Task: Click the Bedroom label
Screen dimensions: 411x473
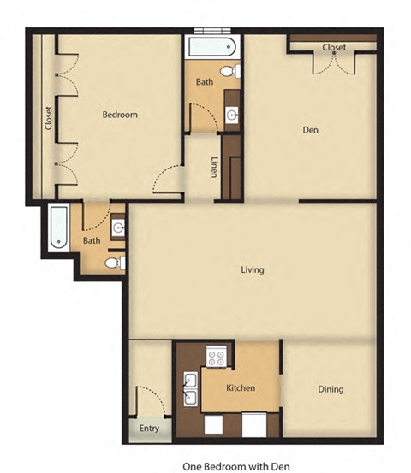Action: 120,115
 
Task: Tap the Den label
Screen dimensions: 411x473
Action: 311,130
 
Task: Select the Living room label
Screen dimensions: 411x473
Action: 253,269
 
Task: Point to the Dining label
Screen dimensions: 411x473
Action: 331,389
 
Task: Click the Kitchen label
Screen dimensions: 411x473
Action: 241,387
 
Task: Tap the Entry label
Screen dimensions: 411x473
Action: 149,429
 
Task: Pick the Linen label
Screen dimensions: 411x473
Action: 214,167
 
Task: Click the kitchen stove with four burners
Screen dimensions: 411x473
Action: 217,356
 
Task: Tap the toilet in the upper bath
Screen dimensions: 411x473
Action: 230,71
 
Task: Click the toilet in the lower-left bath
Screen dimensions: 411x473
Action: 115,263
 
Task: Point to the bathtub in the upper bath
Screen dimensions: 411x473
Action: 211,46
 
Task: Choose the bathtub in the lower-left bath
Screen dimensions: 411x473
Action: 58,227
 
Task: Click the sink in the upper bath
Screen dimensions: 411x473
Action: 232,115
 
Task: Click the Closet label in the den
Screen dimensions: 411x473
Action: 334,47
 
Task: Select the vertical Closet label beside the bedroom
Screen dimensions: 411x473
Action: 48,118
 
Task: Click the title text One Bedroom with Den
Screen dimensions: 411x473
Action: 236,466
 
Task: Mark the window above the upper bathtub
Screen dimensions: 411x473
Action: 212,31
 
